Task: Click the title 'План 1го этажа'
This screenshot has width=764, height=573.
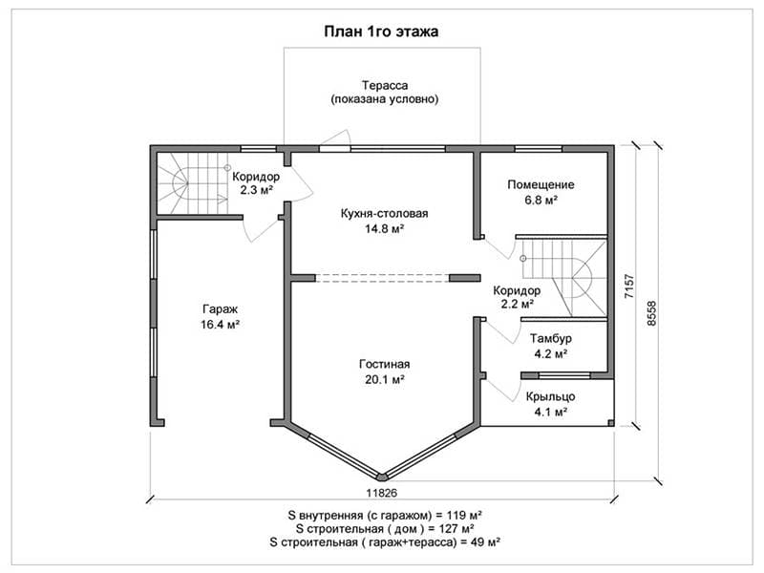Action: (x=381, y=32)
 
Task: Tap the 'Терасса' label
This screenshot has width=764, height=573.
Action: (x=385, y=85)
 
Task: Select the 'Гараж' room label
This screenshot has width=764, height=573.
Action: (x=220, y=308)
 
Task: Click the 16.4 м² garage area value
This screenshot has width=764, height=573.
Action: (x=220, y=324)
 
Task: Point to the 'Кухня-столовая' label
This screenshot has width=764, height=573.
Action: (x=385, y=213)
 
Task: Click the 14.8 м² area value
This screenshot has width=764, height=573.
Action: (x=385, y=228)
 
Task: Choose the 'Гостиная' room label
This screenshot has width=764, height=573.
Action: (x=385, y=364)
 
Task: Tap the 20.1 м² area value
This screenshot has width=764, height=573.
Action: (x=385, y=379)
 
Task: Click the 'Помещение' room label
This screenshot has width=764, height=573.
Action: (x=541, y=184)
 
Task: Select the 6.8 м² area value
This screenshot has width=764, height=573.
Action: (x=541, y=200)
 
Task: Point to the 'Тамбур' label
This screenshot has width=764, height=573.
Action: (x=551, y=338)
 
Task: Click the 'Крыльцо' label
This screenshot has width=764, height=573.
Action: (x=551, y=396)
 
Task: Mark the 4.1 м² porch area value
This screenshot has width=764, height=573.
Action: (x=551, y=412)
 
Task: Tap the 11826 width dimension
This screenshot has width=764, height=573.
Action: (x=381, y=493)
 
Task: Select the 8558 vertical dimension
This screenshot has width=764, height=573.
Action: (x=651, y=314)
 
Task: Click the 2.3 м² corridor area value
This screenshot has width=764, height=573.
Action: (x=256, y=190)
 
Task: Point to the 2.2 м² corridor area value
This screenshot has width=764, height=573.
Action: (x=517, y=304)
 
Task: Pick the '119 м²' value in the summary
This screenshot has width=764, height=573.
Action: (x=464, y=515)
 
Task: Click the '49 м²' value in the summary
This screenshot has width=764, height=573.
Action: (x=487, y=541)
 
